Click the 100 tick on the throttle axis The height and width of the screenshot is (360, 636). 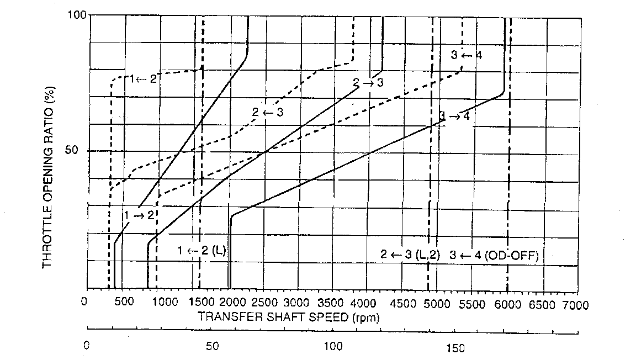click(78, 15)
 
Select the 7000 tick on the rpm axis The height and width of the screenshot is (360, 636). click(575, 305)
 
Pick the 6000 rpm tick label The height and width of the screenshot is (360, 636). click(506, 305)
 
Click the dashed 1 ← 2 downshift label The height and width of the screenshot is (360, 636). click(144, 78)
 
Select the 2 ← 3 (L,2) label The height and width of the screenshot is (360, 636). click(410, 255)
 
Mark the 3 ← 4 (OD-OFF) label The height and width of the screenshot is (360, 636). click(494, 255)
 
